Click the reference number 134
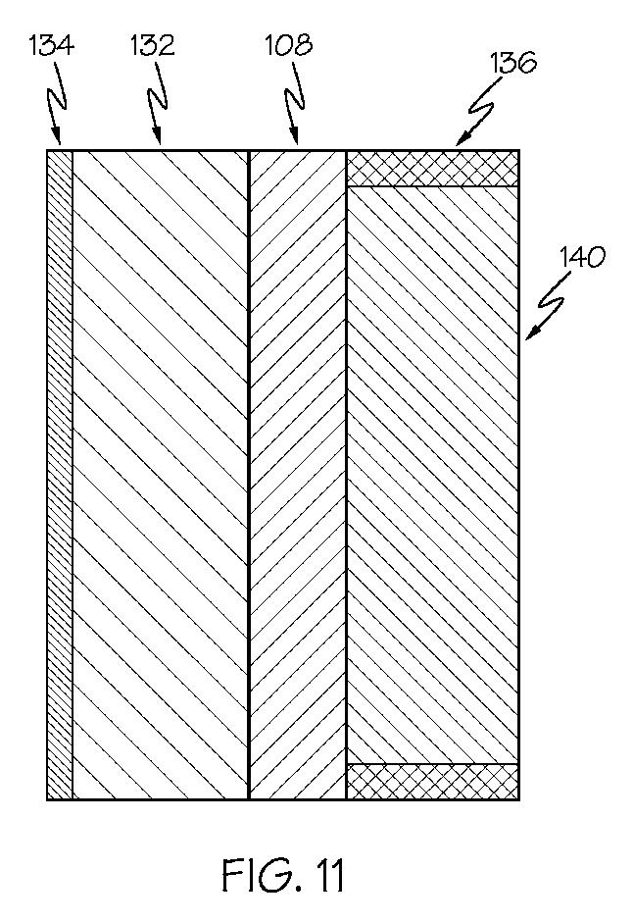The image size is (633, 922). [x=52, y=46]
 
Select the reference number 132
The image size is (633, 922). [x=153, y=46]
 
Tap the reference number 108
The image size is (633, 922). [x=288, y=45]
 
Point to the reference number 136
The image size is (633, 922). [x=513, y=63]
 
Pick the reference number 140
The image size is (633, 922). [x=582, y=258]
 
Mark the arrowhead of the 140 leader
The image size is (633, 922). [x=531, y=333]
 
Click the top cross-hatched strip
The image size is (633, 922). [x=432, y=169]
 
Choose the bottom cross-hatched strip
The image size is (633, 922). [x=432, y=782]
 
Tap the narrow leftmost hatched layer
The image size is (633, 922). [x=60, y=475]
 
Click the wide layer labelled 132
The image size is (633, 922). [x=161, y=475]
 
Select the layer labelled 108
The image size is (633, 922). [x=298, y=475]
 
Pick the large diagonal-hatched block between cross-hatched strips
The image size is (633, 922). [x=433, y=475]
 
